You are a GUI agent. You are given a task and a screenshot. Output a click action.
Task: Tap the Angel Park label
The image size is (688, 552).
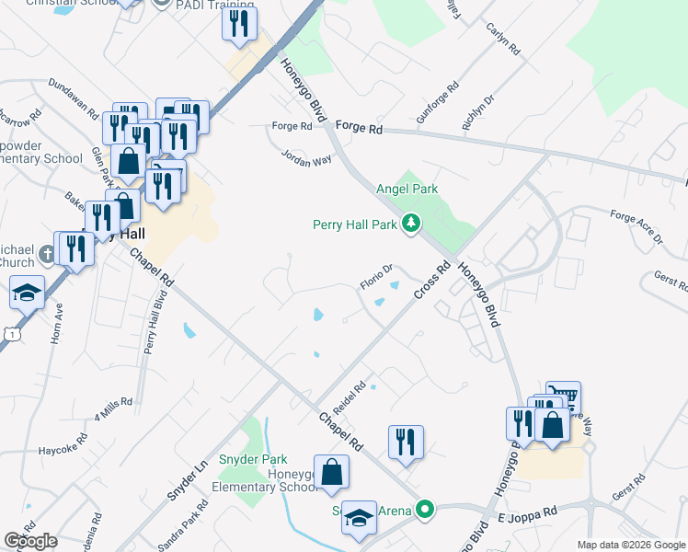pyautogui.click(x=407, y=189)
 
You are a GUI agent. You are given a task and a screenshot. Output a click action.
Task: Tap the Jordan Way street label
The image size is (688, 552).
pyautogui.click(x=306, y=158)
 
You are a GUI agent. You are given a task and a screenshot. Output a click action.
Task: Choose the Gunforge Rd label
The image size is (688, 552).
pyautogui.click(x=437, y=104)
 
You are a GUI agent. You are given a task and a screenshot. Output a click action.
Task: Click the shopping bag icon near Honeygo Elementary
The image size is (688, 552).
pyautogui.click(x=332, y=473)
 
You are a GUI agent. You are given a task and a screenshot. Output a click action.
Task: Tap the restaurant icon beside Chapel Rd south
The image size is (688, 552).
pyautogui.click(x=406, y=443)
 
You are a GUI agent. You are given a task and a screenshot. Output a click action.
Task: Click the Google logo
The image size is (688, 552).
pyautogui.click(x=30, y=540)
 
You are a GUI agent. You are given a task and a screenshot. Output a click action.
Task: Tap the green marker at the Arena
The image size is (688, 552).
pyautogui.click(x=424, y=508)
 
